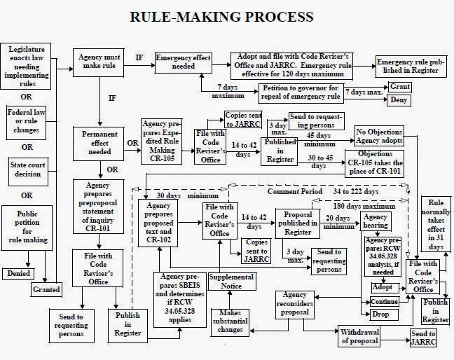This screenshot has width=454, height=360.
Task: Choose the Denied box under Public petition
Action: pos(20,272)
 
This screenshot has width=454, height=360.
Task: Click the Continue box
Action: pos(384,302)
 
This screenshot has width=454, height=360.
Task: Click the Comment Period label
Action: pos(295,191)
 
